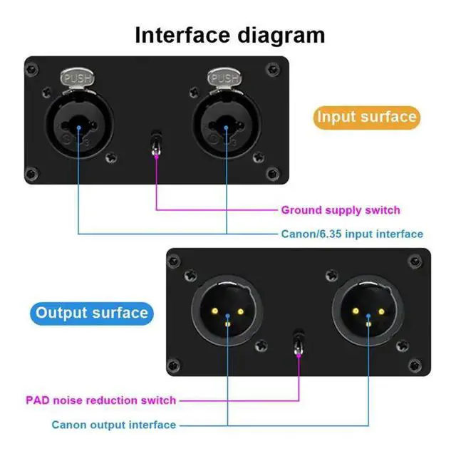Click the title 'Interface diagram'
[x=229, y=36]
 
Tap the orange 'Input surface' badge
[x=367, y=117]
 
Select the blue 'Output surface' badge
[x=92, y=313]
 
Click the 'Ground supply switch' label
[x=341, y=210]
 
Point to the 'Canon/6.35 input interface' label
[x=352, y=234]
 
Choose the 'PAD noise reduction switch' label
[x=101, y=400]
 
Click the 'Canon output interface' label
[x=114, y=425]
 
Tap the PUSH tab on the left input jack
[x=78, y=78]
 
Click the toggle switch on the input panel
[x=156, y=144]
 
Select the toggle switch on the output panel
[x=299, y=343]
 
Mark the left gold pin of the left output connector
[x=215, y=311]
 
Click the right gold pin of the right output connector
[x=381, y=312]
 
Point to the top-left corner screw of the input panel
[x=31, y=70]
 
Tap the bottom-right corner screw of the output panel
[x=415, y=365]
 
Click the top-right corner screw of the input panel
[x=272, y=69]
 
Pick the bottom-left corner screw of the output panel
[x=174, y=366]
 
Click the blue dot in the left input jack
[x=78, y=128]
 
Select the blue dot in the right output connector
[x=368, y=316]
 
